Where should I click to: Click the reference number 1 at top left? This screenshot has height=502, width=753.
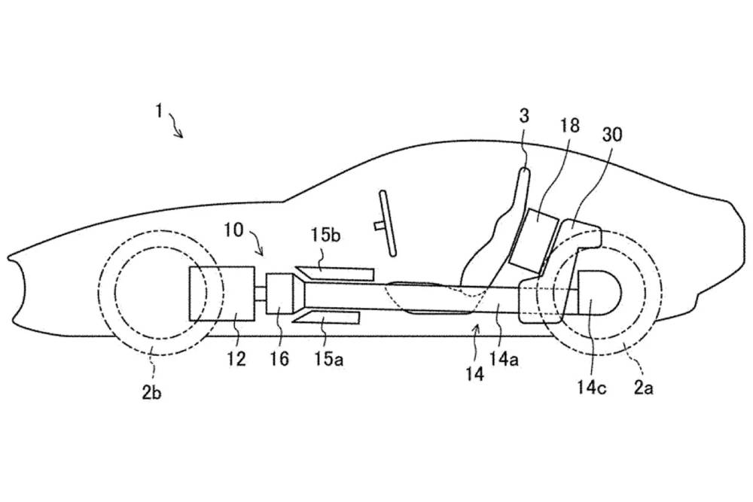[x=159, y=111]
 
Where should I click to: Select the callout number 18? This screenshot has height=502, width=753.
[x=569, y=126]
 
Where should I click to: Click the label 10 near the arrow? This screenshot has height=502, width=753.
[x=233, y=230]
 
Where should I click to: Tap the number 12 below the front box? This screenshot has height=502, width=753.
[x=236, y=361]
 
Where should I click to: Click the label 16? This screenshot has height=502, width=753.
[x=279, y=361]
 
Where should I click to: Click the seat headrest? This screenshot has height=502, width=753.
[x=523, y=184]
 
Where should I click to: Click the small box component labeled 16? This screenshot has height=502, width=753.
[x=281, y=294]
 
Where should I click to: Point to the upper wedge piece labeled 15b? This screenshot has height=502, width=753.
[x=336, y=272]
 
